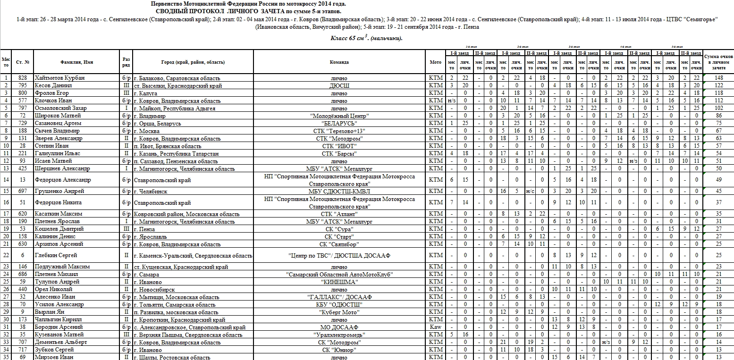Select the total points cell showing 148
coord(718,78)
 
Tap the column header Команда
coord(339,62)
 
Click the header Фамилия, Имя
coord(76,62)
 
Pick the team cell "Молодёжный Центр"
coord(339,116)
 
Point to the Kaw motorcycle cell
coord(436,327)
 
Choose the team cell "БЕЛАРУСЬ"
coord(339,123)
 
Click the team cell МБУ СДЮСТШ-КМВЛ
coord(339,191)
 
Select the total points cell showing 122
coord(718,85)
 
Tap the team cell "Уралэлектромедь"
coord(339,335)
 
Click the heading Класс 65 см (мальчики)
coord(366,38)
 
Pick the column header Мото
coord(436,62)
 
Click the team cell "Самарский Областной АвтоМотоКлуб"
coord(339,274)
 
